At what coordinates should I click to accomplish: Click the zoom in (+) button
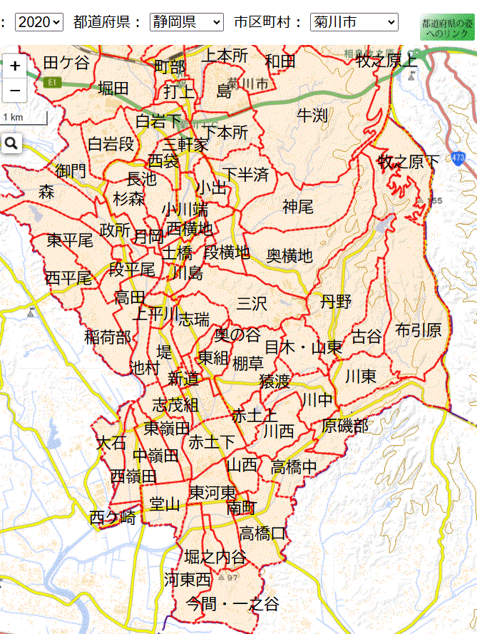click(x=14, y=66)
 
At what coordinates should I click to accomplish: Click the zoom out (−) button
click(x=14, y=91)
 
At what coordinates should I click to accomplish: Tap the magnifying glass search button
click(x=11, y=143)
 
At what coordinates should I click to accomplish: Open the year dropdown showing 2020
click(x=39, y=22)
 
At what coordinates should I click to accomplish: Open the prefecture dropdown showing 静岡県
click(x=186, y=22)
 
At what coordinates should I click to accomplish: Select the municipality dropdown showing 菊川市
click(x=354, y=22)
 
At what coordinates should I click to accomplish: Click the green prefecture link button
click(x=446, y=28)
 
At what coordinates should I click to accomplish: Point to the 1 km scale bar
click(x=24, y=117)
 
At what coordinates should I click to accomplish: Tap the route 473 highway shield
click(x=458, y=158)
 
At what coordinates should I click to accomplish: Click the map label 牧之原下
click(x=409, y=162)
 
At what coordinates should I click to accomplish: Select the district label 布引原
click(x=419, y=330)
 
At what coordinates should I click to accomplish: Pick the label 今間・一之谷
click(x=232, y=604)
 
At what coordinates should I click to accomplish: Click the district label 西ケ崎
click(x=113, y=518)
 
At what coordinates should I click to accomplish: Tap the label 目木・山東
click(x=303, y=347)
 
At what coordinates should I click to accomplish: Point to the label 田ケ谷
click(x=66, y=63)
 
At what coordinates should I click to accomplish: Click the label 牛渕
click(x=312, y=114)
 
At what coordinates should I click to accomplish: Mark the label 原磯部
click(x=345, y=426)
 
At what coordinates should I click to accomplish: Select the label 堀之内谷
click(x=215, y=557)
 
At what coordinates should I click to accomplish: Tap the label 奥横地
click(x=289, y=255)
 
